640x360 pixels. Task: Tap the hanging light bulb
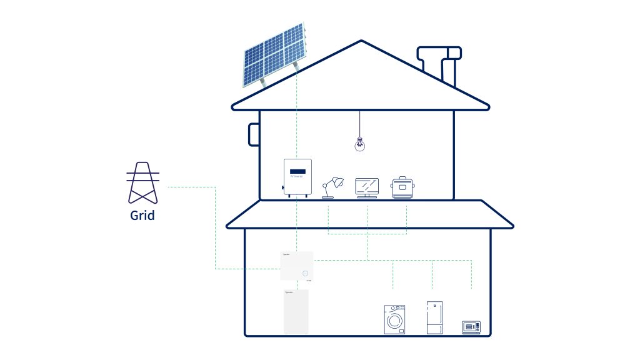(x=359, y=144)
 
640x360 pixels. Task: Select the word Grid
(x=142, y=216)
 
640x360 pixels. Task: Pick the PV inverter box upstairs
(x=297, y=177)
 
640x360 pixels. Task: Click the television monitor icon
(x=367, y=187)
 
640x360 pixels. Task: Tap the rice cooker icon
(x=403, y=187)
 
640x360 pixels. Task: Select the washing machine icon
(x=394, y=319)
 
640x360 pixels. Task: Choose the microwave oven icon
(x=471, y=326)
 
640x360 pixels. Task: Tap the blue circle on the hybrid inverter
(x=304, y=273)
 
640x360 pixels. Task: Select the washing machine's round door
(x=394, y=321)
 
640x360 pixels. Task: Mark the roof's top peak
(x=361, y=42)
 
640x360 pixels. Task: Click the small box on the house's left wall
(x=254, y=134)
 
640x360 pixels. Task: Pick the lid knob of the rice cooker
(x=403, y=178)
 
